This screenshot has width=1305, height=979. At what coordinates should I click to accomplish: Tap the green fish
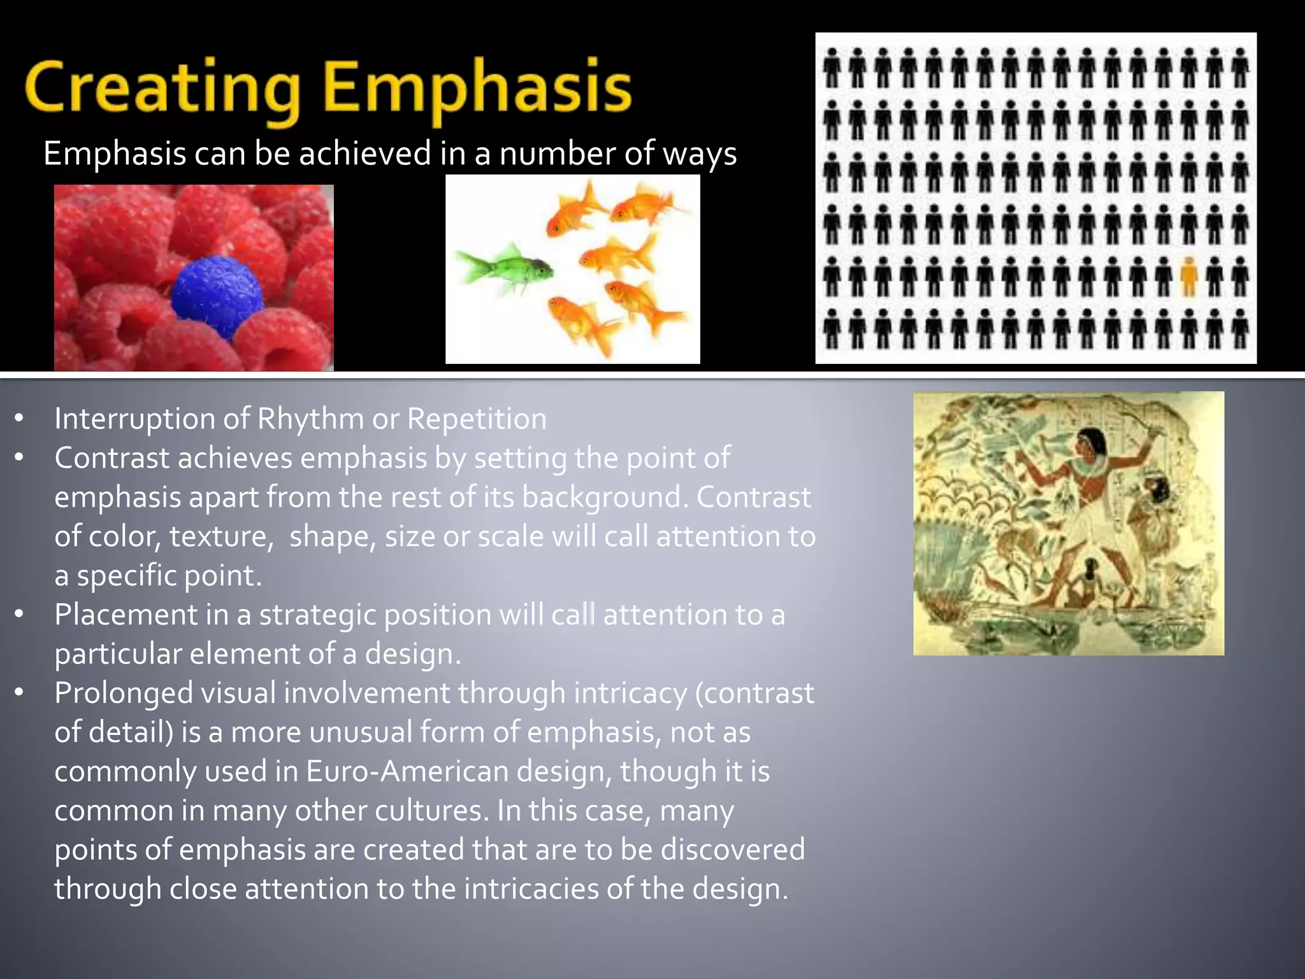pos(503,269)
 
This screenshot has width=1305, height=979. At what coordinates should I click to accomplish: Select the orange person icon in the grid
pos(1188,277)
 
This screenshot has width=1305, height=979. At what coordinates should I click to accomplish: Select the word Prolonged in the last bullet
pos(123,693)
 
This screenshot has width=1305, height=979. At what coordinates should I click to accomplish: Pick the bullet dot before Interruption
pos(19,419)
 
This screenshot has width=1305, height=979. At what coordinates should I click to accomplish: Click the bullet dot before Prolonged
pos(19,692)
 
